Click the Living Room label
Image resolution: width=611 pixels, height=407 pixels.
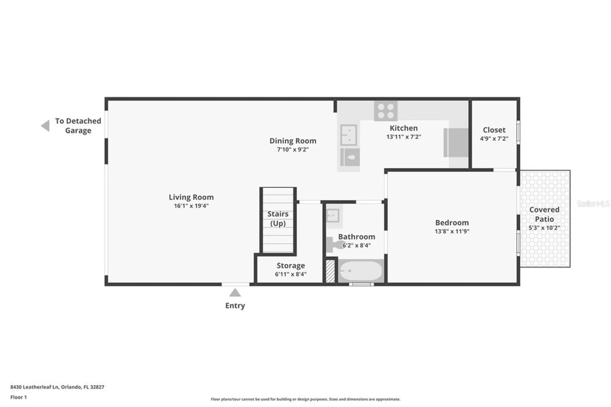tap(191, 197)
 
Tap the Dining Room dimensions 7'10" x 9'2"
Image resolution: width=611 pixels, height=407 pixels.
tap(293, 149)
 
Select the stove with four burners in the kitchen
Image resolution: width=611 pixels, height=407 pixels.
tap(386, 111)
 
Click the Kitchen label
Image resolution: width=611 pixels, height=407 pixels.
tap(403, 128)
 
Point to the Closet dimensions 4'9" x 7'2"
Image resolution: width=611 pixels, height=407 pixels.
tap(494, 138)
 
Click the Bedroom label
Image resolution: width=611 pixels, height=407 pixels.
tap(452, 222)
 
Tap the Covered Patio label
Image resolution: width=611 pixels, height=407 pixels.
tap(544, 214)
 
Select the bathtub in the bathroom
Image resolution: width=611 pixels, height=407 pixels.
tap(361, 271)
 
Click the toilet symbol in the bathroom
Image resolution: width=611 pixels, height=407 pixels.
tap(334, 244)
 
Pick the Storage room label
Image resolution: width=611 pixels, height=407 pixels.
tap(291, 266)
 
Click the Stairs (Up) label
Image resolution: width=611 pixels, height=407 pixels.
tap(278, 218)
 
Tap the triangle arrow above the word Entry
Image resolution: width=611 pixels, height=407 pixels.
tap(235, 293)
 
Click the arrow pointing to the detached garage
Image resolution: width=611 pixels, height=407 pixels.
tap(46, 126)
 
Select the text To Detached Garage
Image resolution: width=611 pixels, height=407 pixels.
tap(78, 126)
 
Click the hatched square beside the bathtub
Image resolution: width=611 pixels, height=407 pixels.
tap(330, 271)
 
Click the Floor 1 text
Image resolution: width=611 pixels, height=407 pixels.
tap(19, 397)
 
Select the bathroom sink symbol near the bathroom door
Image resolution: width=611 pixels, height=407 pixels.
tap(333, 215)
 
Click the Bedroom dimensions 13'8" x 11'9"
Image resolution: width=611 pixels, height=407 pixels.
tap(452, 231)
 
